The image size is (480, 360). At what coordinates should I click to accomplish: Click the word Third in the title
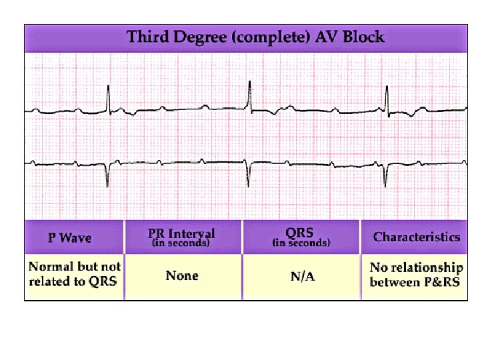point(148,36)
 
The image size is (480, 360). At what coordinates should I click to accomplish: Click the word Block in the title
point(363,36)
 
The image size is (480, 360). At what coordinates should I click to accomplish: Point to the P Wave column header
point(69,237)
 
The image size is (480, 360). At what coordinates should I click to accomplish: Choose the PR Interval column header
point(182,233)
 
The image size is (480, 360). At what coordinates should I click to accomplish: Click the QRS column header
point(300,233)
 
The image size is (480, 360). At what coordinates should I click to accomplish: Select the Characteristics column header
point(417,237)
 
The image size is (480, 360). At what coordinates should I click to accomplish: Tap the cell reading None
point(182,275)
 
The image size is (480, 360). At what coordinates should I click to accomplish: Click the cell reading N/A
point(303,276)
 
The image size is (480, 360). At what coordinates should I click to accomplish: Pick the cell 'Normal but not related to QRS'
point(73,274)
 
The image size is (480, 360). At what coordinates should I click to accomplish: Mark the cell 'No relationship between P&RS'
point(416,274)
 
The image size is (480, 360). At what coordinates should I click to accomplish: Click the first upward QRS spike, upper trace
point(109,97)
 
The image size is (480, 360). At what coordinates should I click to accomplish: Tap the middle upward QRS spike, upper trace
point(250,93)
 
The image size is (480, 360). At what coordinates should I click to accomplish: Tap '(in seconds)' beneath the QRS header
point(300,243)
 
